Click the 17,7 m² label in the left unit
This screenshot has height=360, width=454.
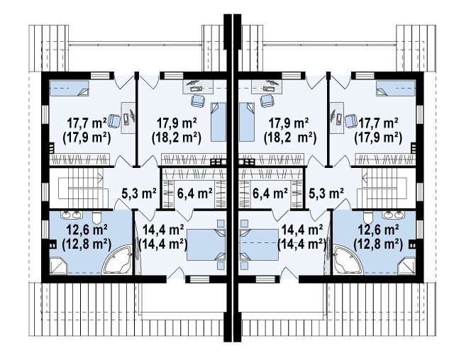(87, 123)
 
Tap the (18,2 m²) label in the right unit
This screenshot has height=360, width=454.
(290, 138)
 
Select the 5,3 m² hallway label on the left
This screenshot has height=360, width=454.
(139, 193)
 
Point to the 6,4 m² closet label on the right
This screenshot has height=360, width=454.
(270, 193)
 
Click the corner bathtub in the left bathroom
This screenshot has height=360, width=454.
(118, 259)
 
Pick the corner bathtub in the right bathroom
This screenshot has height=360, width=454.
(347, 259)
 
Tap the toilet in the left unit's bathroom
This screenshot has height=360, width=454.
(96, 217)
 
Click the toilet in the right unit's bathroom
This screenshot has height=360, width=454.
(368, 217)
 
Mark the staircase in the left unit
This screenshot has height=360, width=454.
(81, 188)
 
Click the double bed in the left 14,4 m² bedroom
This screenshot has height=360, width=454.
(206, 244)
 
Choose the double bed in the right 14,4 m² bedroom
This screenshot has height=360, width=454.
(259, 244)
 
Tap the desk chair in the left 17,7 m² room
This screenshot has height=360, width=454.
(114, 121)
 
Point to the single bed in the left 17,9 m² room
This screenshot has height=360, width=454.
(218, 122)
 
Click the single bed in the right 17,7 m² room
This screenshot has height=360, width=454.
(396, 88)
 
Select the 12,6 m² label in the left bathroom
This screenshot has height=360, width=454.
(87, 230)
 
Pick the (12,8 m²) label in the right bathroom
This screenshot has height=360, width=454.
(378, 245)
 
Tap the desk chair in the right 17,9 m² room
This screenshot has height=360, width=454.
(267, 101)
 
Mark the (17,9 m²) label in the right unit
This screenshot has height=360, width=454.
(378, 138)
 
